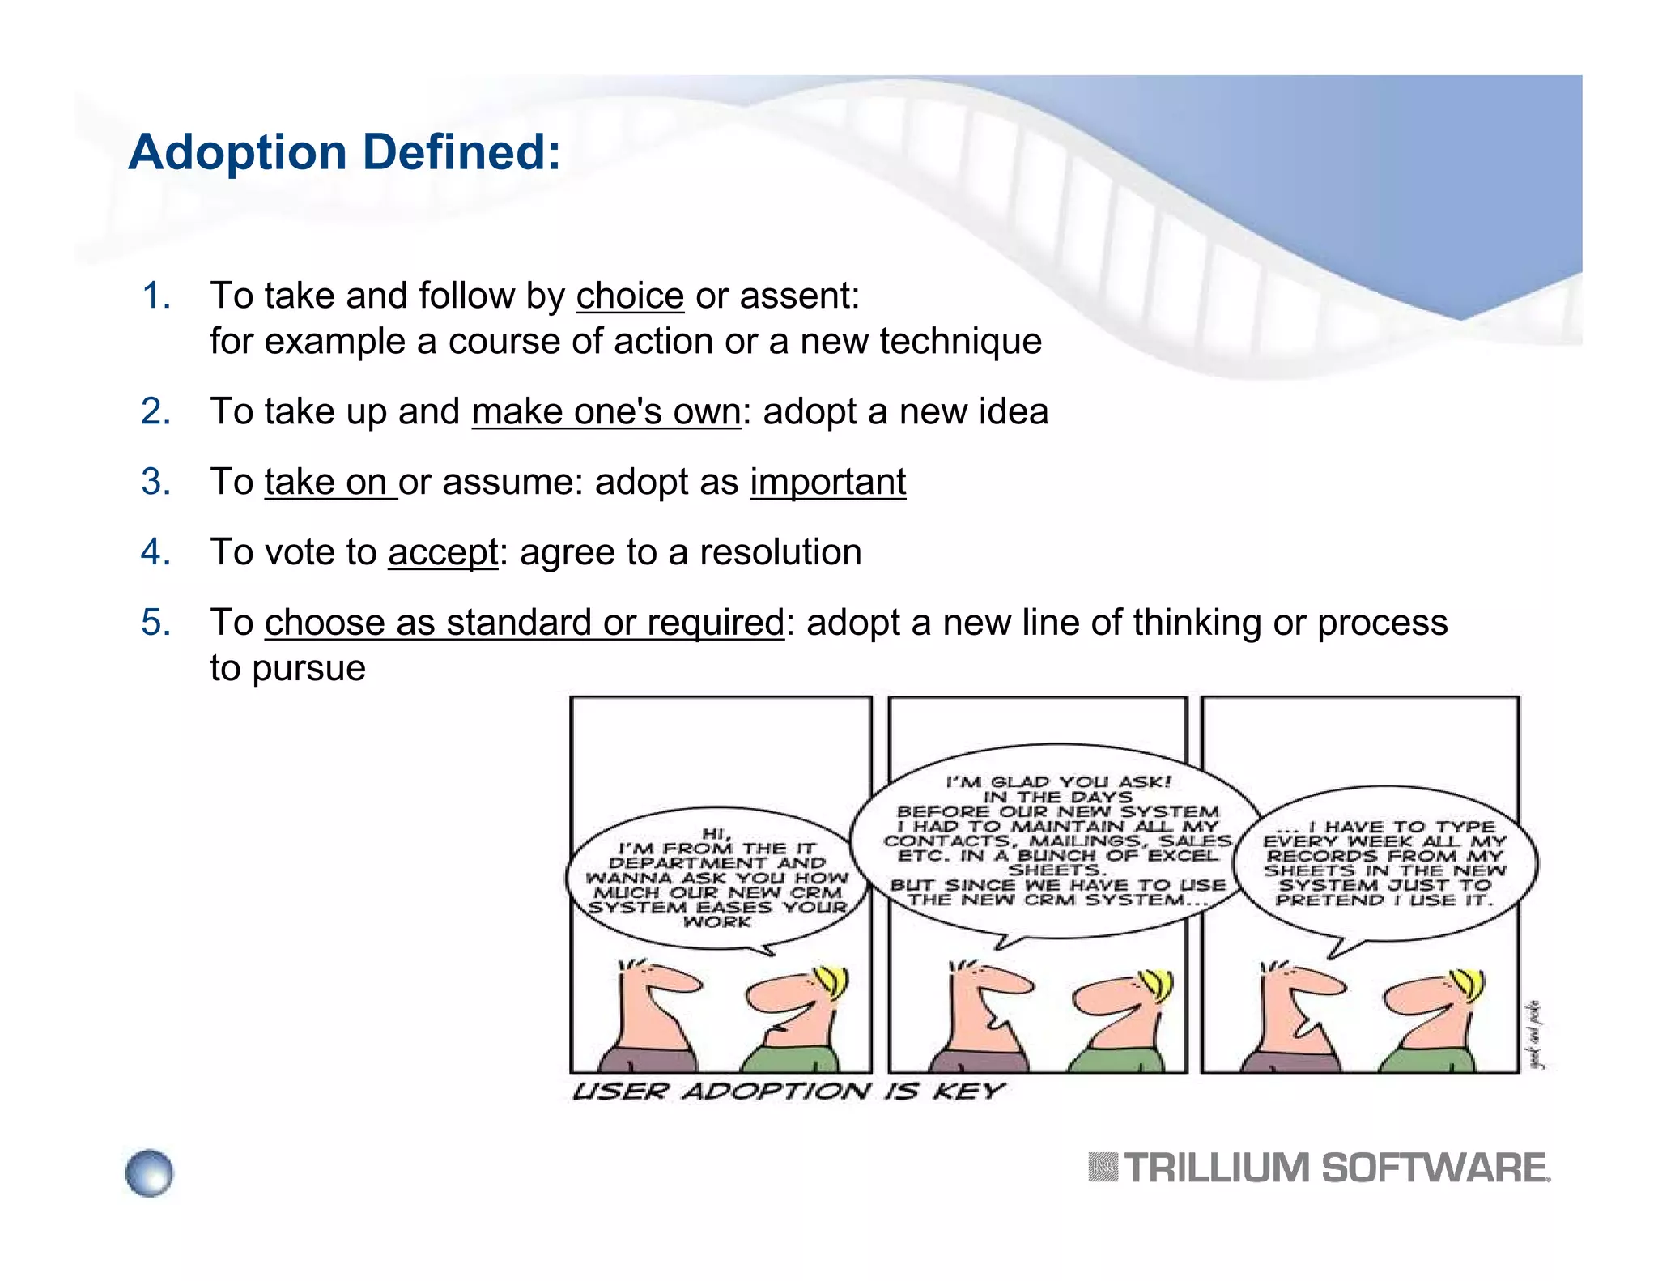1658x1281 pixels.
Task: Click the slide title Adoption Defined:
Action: [x=344, y=152]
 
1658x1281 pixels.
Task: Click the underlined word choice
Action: [x=630, y=296]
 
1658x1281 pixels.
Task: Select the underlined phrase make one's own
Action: [x=606, y=411]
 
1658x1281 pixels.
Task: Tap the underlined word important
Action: [x=827, y=482]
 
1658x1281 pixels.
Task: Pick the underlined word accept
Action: [x=443, y=552]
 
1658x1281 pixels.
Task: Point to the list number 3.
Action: [x=155, y=482]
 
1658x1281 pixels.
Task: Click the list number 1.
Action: [x=155, y=296]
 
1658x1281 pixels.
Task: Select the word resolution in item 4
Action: [x=780, y=552]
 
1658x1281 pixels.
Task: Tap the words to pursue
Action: [x=287, y=669]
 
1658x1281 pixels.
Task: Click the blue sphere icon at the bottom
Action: [x=150, y=1172]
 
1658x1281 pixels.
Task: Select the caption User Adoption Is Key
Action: [x=787, y=1092]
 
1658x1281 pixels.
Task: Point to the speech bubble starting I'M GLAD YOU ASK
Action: [x=1056, y=842]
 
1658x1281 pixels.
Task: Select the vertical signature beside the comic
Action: [x=1535, y=1035]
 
